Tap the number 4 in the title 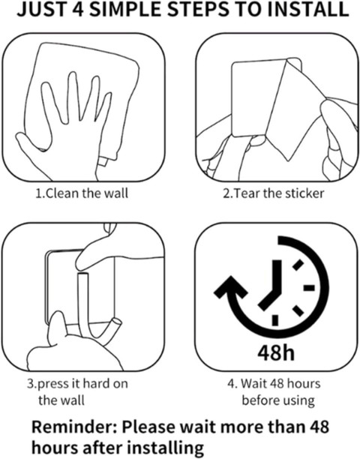(79, 9)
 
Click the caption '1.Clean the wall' (82, 193)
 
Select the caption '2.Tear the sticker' (274, 193)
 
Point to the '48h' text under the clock (276, 352)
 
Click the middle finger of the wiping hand (72, 97)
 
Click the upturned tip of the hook (116, 323)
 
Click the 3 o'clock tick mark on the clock (309, 288)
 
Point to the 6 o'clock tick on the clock (275, 320)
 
